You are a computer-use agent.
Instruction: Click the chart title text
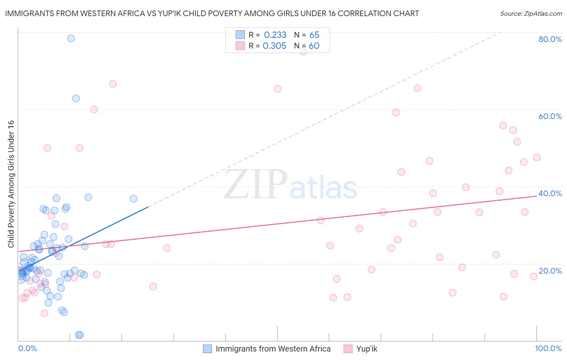click(212, 13)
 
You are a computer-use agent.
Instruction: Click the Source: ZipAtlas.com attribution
click(531, 13)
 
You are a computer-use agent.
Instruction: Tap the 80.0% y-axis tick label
click(550, 39)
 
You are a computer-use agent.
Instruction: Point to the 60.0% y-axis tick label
click(550, 116)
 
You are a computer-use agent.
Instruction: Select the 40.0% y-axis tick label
click(550, 193)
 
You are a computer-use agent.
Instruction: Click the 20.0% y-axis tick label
click(550, 271)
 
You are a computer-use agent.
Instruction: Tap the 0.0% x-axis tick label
click(27, 348)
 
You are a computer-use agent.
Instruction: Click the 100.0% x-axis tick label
click(548, 348)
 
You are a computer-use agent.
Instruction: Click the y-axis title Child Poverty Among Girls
click(11, 184)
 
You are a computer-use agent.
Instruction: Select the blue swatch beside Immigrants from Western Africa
click(207, 349)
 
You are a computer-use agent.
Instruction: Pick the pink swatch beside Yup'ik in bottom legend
click(348, 349)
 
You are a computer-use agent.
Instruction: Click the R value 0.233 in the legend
click(275, 35)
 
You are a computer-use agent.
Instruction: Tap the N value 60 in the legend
click(314, 46)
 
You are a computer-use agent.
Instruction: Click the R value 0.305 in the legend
click(275, 46)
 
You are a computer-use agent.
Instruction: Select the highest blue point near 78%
click(71, 38)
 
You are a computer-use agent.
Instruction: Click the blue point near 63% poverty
click(76, 98)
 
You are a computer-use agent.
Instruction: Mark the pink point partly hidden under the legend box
click(303, 52)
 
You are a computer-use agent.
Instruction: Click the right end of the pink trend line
click(536, 196)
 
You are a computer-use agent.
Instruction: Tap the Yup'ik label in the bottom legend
click(367, 349)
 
